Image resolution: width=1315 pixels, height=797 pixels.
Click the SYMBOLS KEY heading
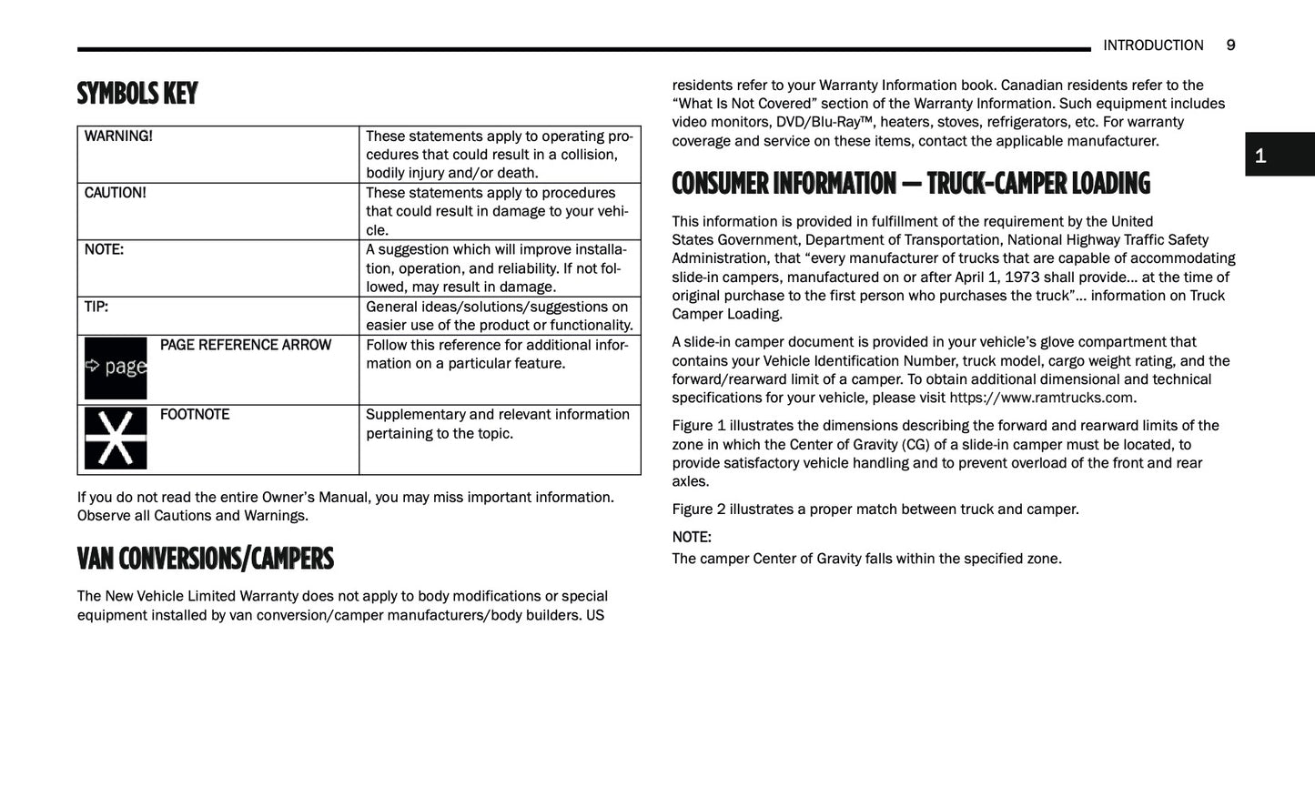pos(137,94)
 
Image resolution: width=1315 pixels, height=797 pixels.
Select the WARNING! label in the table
pos(118,136)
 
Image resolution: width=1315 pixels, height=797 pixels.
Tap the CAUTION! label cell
pos(115,193)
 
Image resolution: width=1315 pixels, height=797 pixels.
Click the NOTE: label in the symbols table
pos(104,249)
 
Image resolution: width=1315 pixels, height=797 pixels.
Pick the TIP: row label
pos(96,307)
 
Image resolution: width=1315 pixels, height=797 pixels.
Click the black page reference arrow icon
pos(116,368)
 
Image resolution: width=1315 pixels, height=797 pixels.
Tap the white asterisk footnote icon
pos(116,438)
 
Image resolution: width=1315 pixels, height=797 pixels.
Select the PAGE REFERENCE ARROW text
pos(245,345)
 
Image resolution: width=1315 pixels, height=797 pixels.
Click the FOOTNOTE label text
pos(194,415)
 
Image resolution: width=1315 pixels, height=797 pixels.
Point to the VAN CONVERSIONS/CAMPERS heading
pos(206,559)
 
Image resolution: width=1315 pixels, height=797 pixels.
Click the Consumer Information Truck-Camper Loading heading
pos(910,184)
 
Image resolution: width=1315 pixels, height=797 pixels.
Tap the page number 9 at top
pos(1230,45)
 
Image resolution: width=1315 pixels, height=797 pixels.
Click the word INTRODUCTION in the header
pos(1152,45)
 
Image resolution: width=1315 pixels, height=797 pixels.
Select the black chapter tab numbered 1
pos(1279,155)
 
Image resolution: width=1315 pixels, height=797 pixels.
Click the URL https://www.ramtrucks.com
pos(1041,398)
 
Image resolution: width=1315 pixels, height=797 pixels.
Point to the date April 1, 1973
pos(996,277)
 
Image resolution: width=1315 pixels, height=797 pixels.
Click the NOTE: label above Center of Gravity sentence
pos(692,537)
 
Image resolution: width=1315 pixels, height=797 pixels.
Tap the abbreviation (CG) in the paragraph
pos(915,445)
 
